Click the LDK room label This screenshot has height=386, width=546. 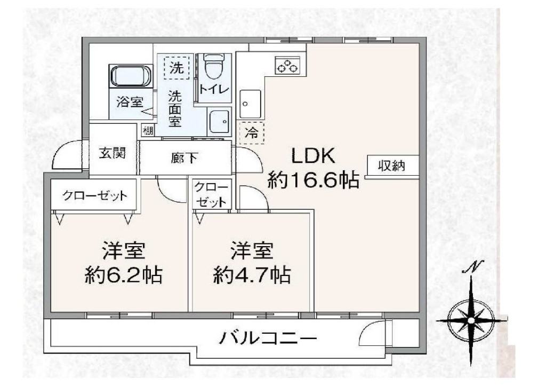click(312, 156)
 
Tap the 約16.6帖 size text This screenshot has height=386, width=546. click(312, 181)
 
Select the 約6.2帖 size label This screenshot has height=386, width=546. click(124, 275)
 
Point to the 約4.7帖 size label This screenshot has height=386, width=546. click(252, 275)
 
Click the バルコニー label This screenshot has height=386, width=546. click(268, 337)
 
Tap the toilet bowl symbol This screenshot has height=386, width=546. click(213, 66)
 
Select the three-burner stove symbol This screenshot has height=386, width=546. click(287, 65)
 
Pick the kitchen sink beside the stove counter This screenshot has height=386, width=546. click(250, 104)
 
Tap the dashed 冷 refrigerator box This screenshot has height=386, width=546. click(252, 132)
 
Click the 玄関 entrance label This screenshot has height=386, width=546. click(113, 153)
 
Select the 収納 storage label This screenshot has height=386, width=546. click(392, 166)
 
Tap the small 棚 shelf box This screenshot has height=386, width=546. click(148, 131)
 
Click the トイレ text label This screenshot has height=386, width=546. click(214, 90)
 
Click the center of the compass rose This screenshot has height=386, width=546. click(471, 320)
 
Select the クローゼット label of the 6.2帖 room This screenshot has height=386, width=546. click(95, 195)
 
